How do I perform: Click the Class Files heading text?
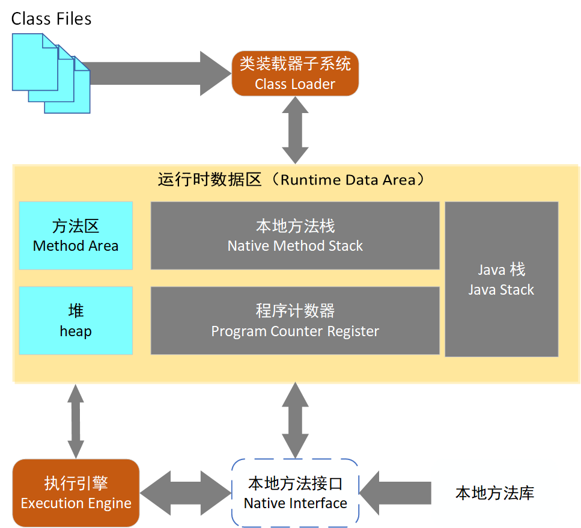pos(51,19)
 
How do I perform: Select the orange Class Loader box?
pos(295,73)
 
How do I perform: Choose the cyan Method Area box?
pos(76,236)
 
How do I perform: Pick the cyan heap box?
pos(76,321)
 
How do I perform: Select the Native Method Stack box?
pos(295,236)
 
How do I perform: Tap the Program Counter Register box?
pos(295,321)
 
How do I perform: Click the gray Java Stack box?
pos(501,279)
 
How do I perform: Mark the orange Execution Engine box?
pos(76,493)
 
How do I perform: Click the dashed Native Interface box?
pos(295,493)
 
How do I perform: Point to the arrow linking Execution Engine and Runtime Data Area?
pos(76,421)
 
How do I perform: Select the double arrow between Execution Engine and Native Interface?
pos(185,493)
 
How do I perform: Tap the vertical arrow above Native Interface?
pos(295,420)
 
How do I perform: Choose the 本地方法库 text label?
pos(494,494)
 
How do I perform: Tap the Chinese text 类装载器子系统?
pos(295,64)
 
